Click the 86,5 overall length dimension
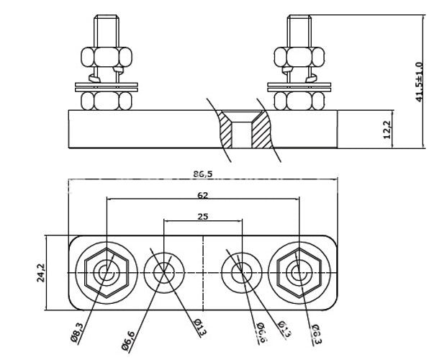[x=202, y=174]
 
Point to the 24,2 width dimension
[x=40, y=274]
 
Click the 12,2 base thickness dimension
[x=386, y=130]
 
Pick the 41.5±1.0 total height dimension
[x=420, y=81]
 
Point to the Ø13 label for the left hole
[x=199, y=328]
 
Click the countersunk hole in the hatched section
[x=245, y=130]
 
